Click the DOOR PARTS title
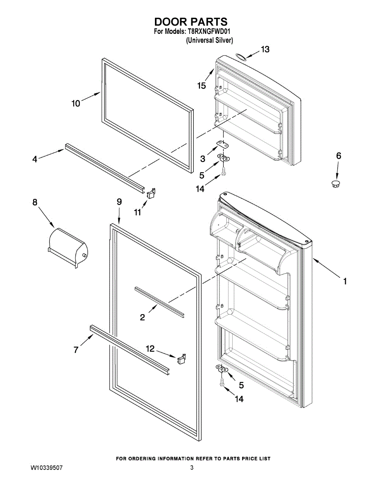click(191, 22)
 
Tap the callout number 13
click(264, 49)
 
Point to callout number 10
click(76, 103)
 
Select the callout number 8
click(35, 202)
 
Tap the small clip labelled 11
click(151, 192)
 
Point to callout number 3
click(203, 158)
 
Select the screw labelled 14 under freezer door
click(224, 171)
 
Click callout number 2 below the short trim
click(143, 317)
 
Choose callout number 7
click(76, 350)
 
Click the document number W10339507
click(47, 468)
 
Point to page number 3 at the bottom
click(192, 468)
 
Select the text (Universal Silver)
click(209, 40)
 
